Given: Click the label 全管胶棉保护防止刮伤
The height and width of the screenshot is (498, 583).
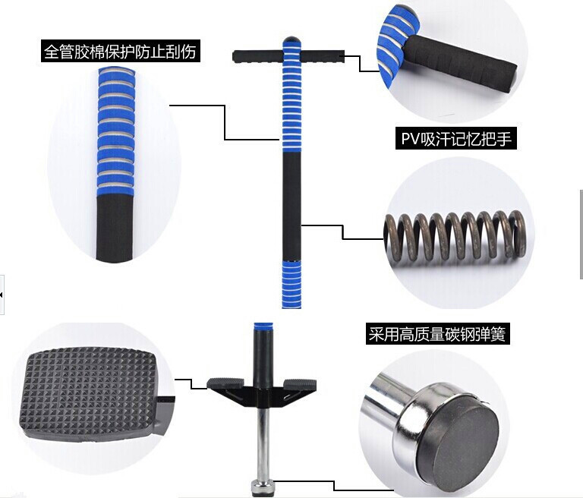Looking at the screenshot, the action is (120, 51).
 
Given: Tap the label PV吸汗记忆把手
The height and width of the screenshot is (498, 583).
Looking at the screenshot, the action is (456, 138).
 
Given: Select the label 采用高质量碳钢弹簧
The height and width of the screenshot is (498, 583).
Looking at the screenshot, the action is (437, 333).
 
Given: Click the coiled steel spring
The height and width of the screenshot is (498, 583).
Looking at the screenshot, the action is (455, 236).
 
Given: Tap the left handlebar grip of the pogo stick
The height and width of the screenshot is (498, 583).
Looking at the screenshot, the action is (257, 56).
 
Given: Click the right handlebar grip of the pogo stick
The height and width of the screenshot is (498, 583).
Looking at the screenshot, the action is (322, 56).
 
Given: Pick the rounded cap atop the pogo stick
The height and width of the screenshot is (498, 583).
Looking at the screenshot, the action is (291, 39).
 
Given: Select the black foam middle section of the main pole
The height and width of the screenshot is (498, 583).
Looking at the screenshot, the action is (291, 206).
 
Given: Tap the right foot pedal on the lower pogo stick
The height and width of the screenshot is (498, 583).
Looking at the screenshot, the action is (300, 384).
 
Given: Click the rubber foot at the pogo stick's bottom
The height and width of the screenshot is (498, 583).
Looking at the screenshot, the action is (263, 488).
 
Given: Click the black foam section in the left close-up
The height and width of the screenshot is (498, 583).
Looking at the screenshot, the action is (114, 228).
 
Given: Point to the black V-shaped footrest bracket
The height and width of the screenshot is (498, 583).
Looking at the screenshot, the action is (262, 397).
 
